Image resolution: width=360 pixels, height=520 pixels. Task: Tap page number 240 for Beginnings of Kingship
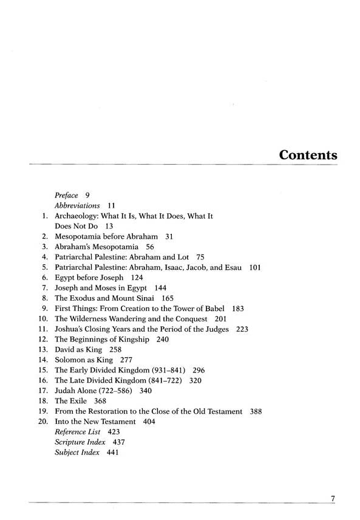162,340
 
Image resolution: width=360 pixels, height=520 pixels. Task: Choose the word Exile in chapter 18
80,401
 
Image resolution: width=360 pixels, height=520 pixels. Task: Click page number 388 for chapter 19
256,411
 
